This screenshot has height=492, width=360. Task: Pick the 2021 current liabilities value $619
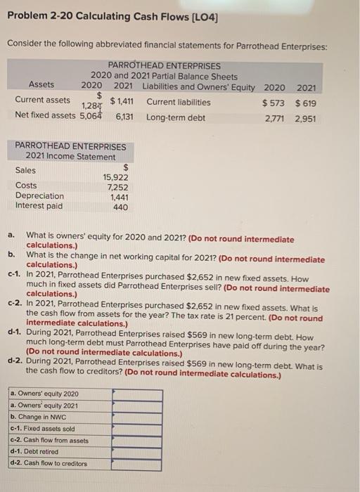click(x=305, y=103)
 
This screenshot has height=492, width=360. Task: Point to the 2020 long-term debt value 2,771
click(x=274, y=118)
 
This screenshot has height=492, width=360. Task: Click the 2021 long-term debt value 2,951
click(x=305, y=118)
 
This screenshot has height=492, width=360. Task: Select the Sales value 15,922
click(x=115, y=178)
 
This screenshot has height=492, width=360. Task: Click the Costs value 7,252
click(x=117, y=188)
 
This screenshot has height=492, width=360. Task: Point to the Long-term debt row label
click(x=176, y=118)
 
